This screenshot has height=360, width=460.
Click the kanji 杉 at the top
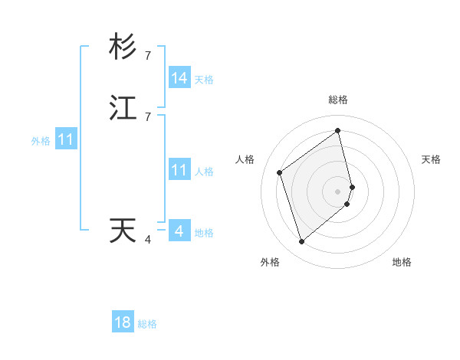point(123,47)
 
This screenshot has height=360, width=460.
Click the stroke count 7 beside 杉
point(148,55)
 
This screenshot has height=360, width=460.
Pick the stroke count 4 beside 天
point(148,239)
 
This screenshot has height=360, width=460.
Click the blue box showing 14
point(179,78)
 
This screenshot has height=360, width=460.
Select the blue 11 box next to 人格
point(179,170)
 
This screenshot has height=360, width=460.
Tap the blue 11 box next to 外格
point(66,140)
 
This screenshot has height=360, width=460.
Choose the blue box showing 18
point(123,322)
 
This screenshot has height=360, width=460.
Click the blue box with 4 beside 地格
point(179,231)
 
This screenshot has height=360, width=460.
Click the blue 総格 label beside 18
point(147,324)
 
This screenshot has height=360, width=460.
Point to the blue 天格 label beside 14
point(204,80)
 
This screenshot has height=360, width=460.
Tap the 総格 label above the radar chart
point(338,100)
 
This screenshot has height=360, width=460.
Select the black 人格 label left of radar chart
point(245,159)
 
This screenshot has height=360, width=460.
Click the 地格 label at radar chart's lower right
point(402,262)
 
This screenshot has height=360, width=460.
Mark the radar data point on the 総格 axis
point(338,130)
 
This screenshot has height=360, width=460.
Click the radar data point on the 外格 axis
point(301,242)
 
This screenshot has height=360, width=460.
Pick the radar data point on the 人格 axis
point(280,172)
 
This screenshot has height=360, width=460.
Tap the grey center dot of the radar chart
point(338,191)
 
